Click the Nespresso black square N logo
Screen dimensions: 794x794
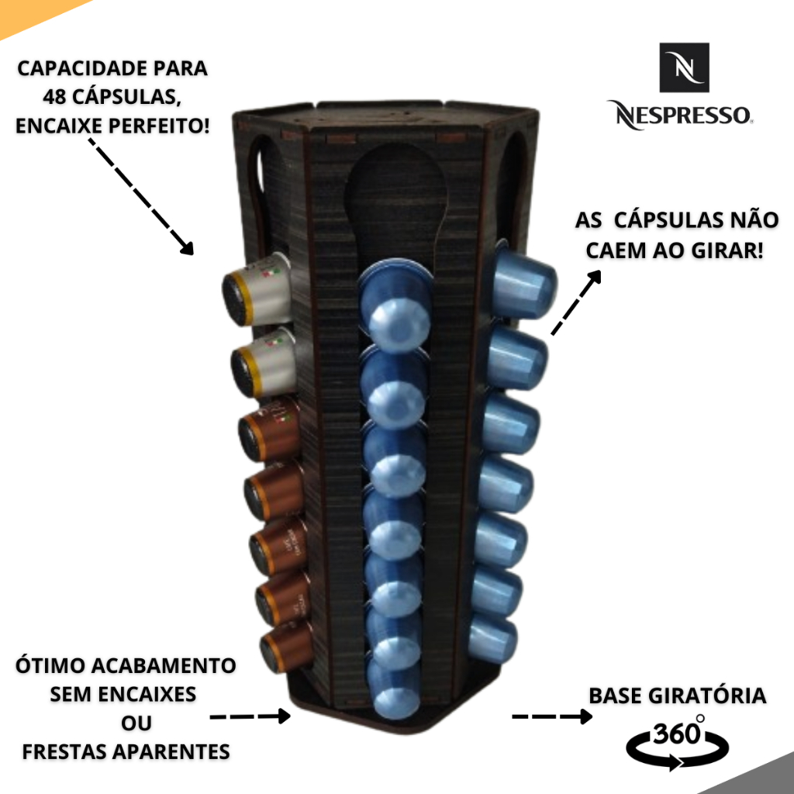[685, 67]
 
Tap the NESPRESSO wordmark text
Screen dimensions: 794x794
[679, 115]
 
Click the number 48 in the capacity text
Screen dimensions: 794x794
[56, 96]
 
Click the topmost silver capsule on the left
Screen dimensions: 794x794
[257, 292]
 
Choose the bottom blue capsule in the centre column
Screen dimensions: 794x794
[396, 689]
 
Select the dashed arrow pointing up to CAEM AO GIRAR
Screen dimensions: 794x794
[577, 302]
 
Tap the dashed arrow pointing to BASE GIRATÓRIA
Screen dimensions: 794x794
[551, 716]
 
